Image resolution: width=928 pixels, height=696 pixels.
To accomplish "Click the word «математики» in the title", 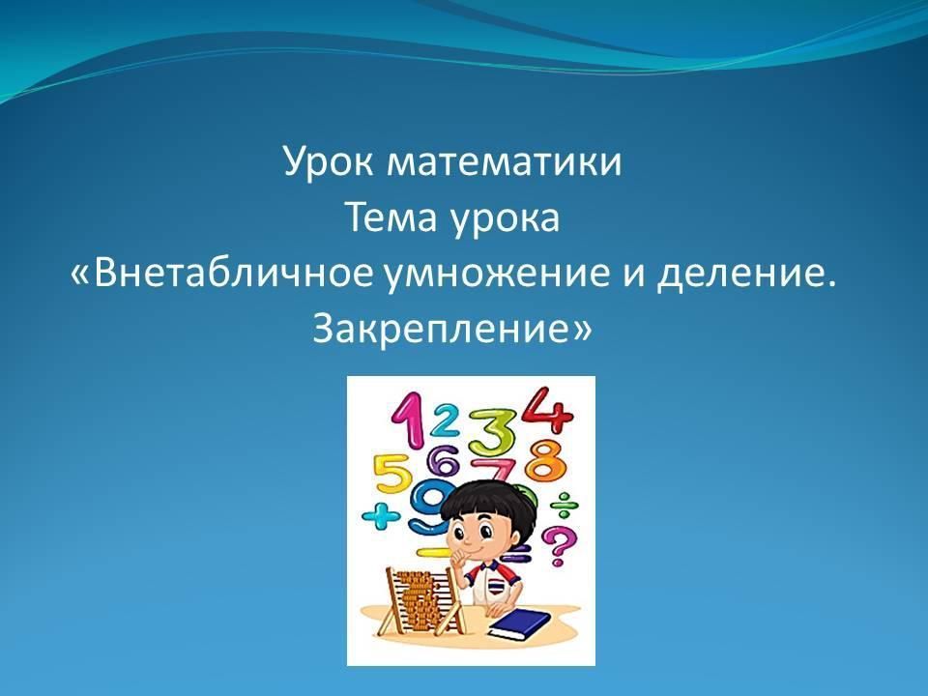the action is click(x=505, y=160).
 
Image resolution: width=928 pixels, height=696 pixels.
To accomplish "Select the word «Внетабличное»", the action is click(x=234, y=273).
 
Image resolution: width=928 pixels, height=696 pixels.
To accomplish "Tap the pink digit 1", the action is click(x=408, y=420).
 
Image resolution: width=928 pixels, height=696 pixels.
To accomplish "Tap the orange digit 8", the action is click(x=546, y=462).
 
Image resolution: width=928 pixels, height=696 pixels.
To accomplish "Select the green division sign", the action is click(x=564, y=505).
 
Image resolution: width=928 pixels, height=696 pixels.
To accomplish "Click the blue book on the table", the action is click(x=518, y=625).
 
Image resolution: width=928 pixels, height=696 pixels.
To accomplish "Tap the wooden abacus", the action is click(x=421, y=602).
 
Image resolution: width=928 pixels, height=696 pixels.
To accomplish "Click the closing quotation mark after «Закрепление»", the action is click(x=582, y=329).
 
